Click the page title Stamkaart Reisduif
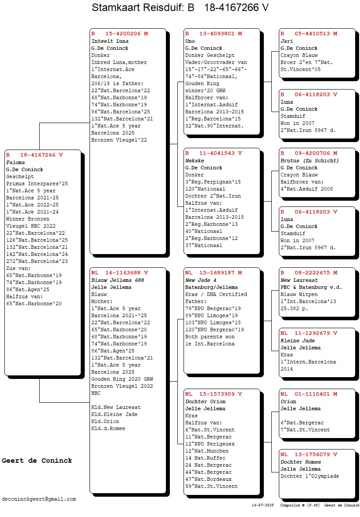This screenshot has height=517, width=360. pyautogui.click(x=137, y=7)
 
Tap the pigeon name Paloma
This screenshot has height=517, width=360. pyautogui.click(x=15, y=162)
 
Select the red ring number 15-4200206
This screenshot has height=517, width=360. pyautogui.click(x=123, y=34)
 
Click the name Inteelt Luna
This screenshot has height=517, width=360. pyautogui.click(x=110, y=41)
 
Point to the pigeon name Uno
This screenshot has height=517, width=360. pyautogui.click(x=190, y=41)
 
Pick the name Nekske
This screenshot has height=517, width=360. pyautogui.click(x=195, y=161)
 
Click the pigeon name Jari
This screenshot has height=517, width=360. pyautogui.click(x=286, y=41)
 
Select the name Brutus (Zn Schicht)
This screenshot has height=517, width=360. pyautogui.click(x=310, y=161)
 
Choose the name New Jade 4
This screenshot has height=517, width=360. pyautogui.click(x=201, y=280)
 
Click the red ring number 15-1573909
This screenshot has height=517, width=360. pyautogui.click(x=217, y=394)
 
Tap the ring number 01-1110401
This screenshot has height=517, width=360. pyautogui.click(x=312, y=394)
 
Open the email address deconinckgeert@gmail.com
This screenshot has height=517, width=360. pyautogui.click(x=39, y=499)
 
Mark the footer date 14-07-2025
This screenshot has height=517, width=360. pyautogui.click(x=262, y=505)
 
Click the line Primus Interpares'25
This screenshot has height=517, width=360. pyautogui.click(x=37, y=184)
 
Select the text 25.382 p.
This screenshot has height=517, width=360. pyautogui.click(x=294, y=308)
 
